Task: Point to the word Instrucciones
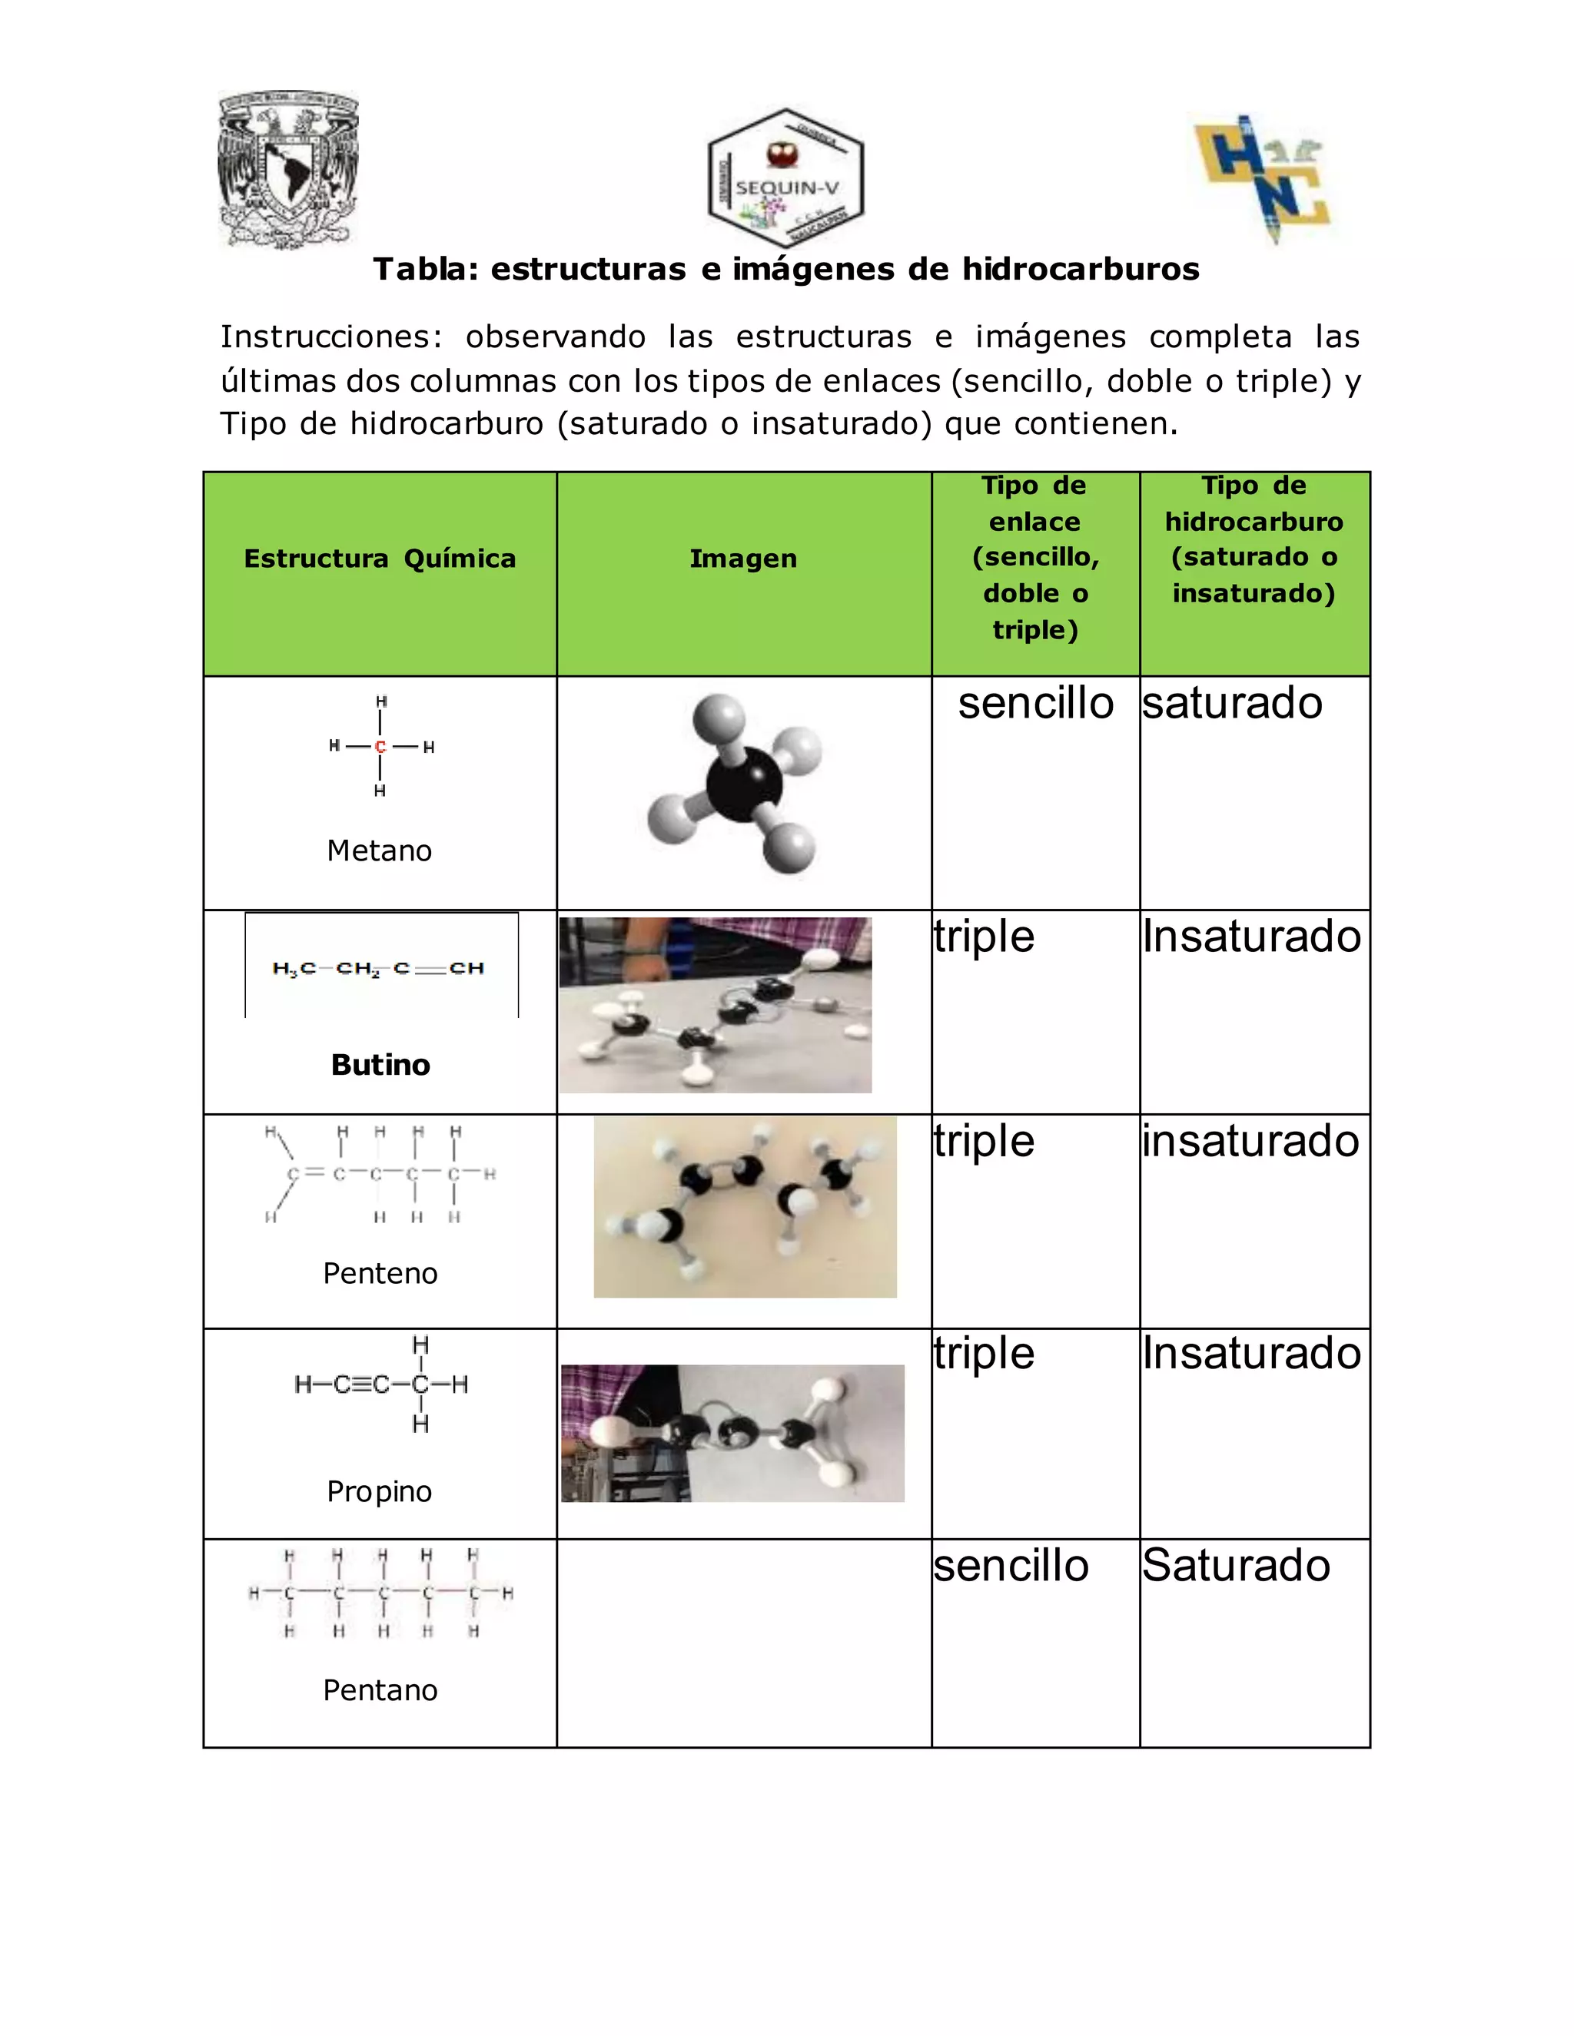(330, 337)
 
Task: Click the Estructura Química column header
(380, 559)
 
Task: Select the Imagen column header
(743, 559)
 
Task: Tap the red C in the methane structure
(380, 747)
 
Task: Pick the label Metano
(380, 851)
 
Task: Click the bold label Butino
(380, 1065)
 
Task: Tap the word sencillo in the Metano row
(1035, 704)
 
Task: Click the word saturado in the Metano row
(1232, 704)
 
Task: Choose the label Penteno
(380, 1273)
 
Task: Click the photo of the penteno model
(744, 1206)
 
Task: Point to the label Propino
(380, 1491)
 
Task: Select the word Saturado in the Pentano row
(1236, 1565)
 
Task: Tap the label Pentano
(380, 1690)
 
